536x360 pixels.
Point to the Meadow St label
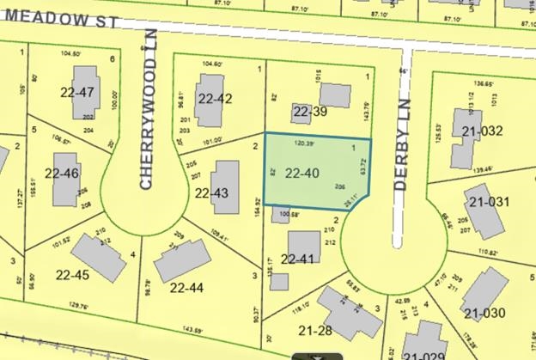point(49,15)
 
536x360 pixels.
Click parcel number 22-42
point(214,98)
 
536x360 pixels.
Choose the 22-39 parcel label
point(311,111)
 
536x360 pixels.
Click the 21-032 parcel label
point(481,131)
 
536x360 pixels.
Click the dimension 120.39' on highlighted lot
point(305,143)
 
